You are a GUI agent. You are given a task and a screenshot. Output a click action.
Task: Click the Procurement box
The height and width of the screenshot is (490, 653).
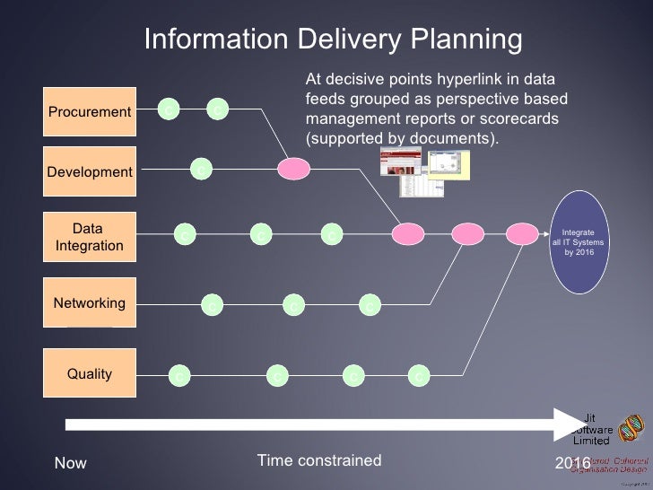90,112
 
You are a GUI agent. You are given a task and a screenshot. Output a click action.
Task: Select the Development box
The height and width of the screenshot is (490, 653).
90,171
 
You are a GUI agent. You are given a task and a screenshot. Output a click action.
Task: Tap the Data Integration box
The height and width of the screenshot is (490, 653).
90,237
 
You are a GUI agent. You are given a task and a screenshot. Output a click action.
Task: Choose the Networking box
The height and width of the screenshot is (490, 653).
90,303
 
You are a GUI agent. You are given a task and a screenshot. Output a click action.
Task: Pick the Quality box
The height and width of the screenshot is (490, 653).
90,373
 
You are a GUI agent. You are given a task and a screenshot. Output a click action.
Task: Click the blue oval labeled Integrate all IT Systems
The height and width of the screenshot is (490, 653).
579,241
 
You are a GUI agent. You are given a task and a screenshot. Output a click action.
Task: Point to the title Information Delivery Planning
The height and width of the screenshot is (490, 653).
333,39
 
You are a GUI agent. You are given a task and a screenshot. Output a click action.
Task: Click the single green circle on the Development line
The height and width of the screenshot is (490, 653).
201,167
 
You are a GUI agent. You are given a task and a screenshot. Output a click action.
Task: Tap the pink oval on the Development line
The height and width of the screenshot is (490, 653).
293,168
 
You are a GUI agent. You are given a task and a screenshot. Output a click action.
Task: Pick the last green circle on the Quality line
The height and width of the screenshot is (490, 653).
418,376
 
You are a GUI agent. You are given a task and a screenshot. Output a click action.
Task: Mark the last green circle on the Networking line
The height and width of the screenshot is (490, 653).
369,306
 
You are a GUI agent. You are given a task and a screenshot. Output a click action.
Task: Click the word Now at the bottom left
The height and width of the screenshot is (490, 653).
71,463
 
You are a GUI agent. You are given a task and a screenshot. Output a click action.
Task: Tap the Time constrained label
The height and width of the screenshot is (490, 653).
319,461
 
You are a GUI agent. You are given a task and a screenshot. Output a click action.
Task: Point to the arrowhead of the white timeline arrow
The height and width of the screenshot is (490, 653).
570,424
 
